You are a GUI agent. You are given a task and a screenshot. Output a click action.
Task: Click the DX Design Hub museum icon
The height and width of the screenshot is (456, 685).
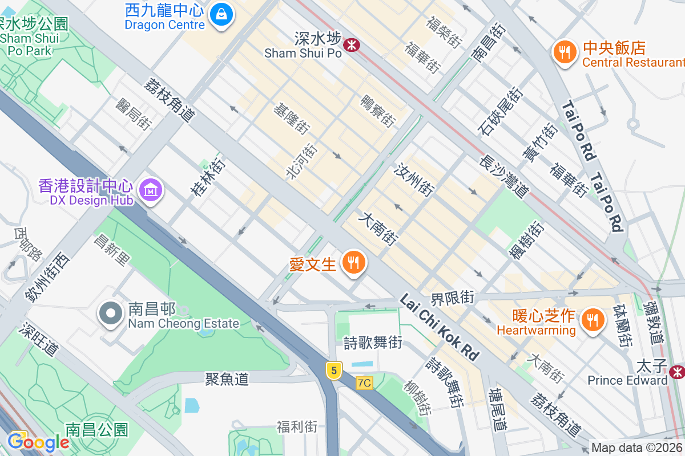pyautogui.click(x=151, y=190)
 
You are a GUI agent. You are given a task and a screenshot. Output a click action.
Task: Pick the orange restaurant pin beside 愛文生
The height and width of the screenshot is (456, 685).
pyautogui.click(x=354, y=263)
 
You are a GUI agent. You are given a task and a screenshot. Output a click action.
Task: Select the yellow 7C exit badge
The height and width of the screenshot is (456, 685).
pyautogui.click(x=364, y=383)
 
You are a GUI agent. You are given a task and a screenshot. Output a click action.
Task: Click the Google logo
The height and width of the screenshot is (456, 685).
pyautogui.click(x=38, y=442)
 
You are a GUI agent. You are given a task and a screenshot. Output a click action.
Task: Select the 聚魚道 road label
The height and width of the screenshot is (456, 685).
pyautogui.click(x=227, y=378)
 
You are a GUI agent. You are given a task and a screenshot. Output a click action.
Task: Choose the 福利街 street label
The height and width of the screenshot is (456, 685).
pyautogui.click(x=297, y=426)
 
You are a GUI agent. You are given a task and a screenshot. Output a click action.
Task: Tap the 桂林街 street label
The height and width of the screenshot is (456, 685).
pyautogui.click(x=208, y=177)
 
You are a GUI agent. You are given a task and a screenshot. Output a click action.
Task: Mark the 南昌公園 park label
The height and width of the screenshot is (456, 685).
pyautogui.click(x=96, y=429)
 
